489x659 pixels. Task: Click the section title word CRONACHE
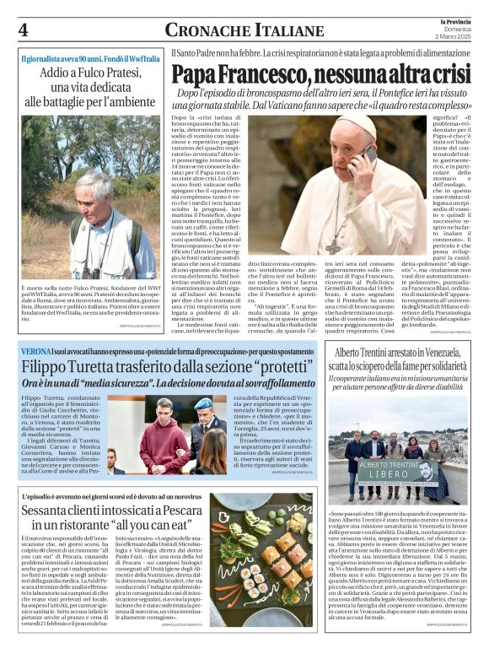pyautogui.click(x=200, y=30)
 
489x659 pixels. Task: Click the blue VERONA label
pyautogui.click(x=38, y=349)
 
